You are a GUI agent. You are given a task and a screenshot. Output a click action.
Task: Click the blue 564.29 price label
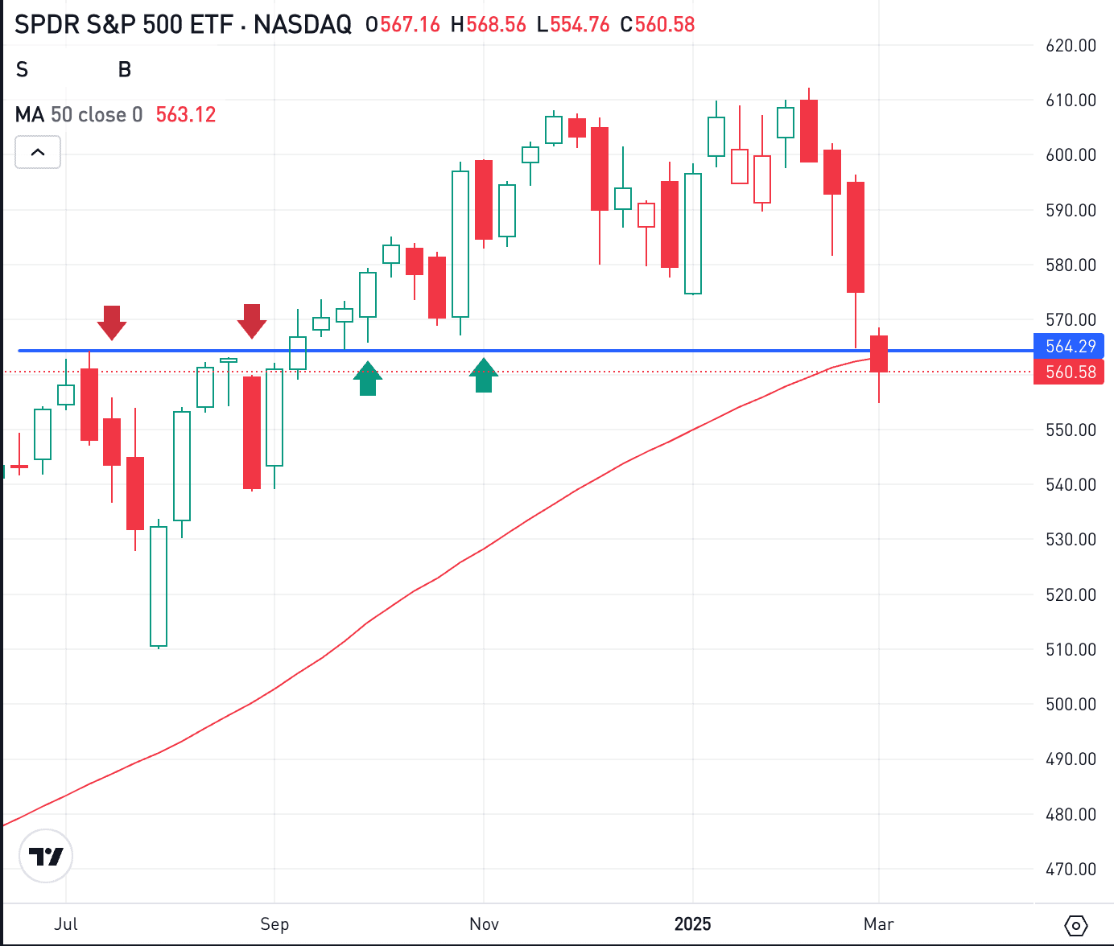click(1070, 347)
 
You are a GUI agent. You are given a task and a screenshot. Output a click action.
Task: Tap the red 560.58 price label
click(1070, 372)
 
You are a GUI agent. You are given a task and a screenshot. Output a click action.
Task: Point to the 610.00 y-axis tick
click(1071, 101)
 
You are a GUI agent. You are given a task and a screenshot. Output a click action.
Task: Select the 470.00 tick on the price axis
click(1071, 869)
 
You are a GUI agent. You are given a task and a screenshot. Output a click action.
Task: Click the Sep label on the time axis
click(274, 923)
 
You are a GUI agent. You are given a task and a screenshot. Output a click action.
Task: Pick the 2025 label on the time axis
click(692, 923)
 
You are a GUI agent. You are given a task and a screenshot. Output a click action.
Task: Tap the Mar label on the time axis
click(878, 923)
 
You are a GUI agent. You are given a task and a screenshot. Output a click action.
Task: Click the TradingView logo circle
click(46, 856)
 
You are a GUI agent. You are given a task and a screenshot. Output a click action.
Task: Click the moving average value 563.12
click(186, 115)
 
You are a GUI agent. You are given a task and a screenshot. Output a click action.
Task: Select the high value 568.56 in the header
click(496, 25)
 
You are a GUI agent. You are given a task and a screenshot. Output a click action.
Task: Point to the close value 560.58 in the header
click(665, 25)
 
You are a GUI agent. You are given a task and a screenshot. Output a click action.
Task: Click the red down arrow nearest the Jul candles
click(112, 322)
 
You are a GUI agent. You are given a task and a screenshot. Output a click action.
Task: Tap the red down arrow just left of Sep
click(252, 320)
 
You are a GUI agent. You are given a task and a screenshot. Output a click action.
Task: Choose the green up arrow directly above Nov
click(484, 376)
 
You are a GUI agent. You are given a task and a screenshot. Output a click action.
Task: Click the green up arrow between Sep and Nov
click(368, 379)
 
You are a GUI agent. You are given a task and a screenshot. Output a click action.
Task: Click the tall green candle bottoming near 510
click(159, 586)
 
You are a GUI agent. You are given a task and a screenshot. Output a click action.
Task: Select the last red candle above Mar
click(879, 354)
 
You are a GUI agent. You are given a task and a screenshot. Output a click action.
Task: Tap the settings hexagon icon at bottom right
click(1076, 925)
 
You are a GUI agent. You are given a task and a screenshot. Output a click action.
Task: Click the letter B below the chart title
click(125, 70)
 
